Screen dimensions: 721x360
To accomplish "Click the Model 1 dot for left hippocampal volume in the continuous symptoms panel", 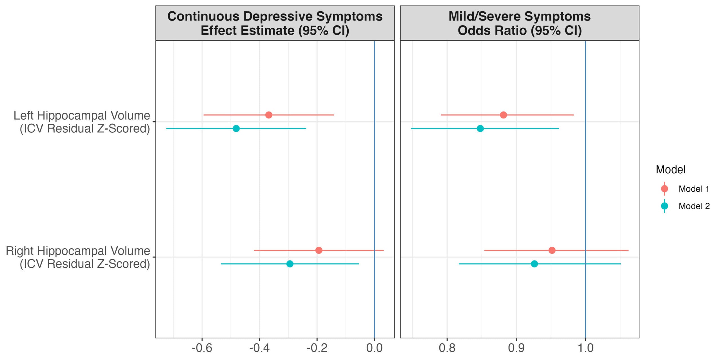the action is click(x=269, y=115).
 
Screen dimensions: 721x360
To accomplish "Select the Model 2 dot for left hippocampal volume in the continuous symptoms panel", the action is click(x=236, y=129).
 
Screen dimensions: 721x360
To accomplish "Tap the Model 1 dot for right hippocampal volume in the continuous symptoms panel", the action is click(x=319, y=250).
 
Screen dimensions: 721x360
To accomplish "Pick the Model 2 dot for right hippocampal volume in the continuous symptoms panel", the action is click(x=290, y=264).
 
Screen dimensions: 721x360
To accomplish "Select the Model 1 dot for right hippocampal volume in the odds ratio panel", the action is click(x=552, y=250).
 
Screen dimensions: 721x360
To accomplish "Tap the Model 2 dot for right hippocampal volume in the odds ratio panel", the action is click(x=534, y=264).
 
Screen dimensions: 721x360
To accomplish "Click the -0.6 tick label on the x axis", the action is click(x=202, y=348).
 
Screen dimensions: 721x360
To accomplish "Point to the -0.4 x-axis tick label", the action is click(x=259, y=348).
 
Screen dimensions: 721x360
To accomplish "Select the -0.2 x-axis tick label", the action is click(x=317, y=348).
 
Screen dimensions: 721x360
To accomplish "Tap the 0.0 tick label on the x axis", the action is click(x=374, y=348).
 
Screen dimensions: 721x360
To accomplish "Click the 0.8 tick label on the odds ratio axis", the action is click(x=447, y=348).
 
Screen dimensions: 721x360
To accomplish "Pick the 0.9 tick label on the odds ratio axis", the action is click(x=516, y=348).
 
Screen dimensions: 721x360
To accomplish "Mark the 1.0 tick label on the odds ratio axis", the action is click(x=586, y=348).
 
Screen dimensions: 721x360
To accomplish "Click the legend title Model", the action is click(x=671, y=170).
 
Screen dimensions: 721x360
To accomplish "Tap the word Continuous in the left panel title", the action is click(x=203, y=16).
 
